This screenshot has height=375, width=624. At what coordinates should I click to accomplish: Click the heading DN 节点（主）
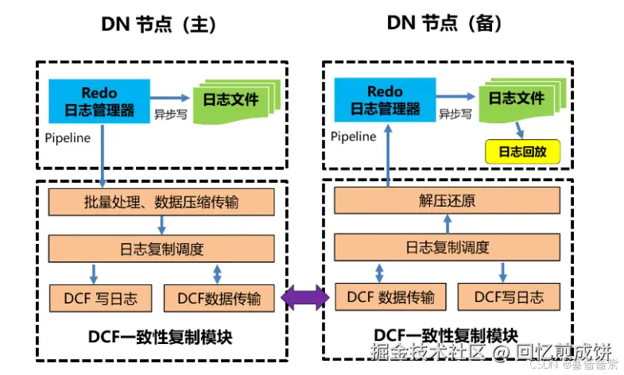(159, 24)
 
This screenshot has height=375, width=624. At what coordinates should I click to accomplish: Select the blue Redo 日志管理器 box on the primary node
(99, 101)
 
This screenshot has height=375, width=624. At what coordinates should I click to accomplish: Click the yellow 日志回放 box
(522, 151)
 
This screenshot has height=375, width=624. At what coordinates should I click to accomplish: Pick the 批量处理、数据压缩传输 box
(160, 203)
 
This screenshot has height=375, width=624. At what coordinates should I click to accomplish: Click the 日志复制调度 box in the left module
(160, 249)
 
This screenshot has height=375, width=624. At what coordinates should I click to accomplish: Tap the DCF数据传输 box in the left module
(219, 299)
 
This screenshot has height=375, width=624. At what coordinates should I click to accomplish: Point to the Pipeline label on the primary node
(68, 137)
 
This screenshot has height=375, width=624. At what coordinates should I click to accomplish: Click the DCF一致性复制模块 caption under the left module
(159, 338)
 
